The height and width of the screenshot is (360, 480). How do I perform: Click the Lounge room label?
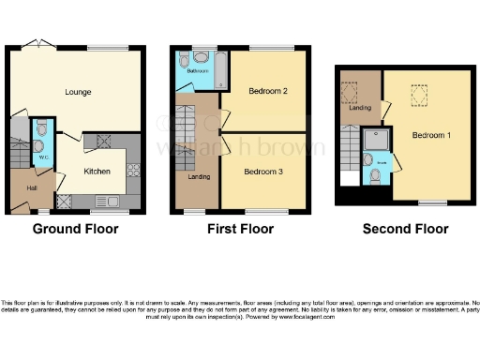point(77,92)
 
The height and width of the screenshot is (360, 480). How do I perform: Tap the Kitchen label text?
point(97,172)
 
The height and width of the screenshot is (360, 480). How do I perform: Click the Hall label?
point(32,188)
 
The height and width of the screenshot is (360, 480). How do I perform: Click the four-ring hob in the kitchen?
point(132,172)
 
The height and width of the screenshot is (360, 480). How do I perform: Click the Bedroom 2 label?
point(267,92)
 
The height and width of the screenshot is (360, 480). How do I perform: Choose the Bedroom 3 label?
point(263,172)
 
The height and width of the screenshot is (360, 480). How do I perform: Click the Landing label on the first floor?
point(199,176)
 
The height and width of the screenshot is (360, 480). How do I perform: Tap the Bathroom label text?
point(196,71)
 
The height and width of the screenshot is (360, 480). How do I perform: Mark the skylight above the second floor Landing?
point(356,90)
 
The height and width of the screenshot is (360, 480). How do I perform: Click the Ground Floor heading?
point(74,229)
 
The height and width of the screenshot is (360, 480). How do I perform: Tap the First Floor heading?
point(240,229)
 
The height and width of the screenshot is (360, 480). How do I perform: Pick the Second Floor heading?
point(405,229)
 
